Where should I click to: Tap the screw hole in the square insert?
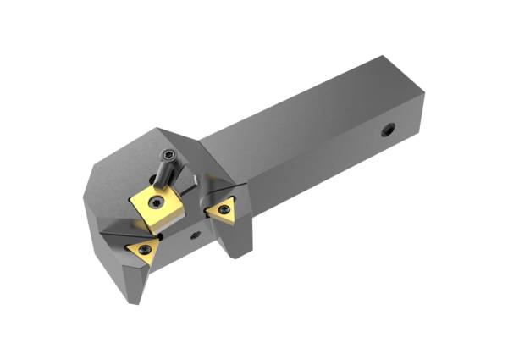point(159,202)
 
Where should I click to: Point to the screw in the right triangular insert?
point(223,209)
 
